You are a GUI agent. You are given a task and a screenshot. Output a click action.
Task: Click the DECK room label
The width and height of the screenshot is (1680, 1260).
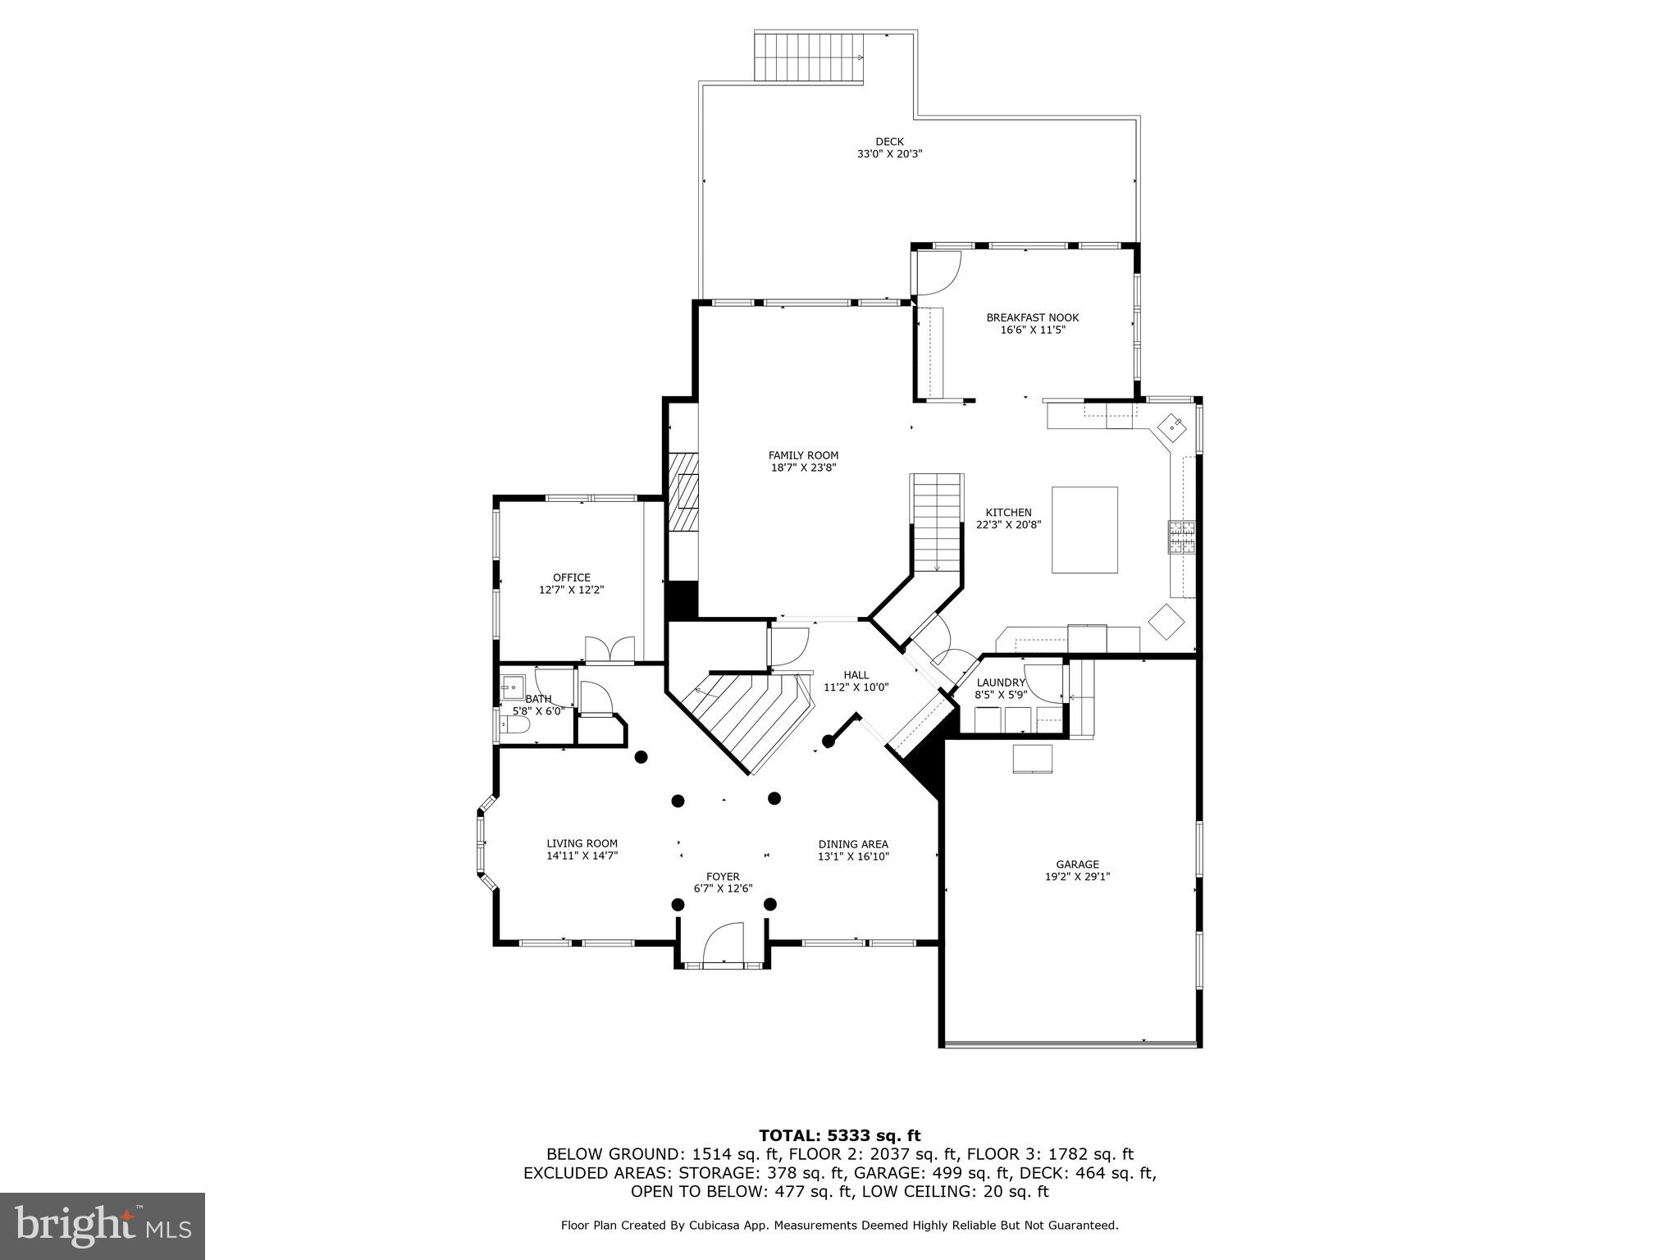(889, 142)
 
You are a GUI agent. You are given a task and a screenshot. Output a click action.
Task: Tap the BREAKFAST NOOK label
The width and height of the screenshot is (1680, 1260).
(1032, 317)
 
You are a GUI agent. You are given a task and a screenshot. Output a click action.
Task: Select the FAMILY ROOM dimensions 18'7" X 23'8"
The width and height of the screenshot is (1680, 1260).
(803, 468)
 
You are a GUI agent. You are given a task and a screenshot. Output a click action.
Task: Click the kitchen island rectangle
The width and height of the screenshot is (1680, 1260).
(1084, 530)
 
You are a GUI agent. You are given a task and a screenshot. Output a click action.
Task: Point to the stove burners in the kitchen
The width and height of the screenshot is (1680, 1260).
(1182, 537)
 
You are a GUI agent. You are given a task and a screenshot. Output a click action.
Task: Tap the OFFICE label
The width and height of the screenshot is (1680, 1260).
(571, 577)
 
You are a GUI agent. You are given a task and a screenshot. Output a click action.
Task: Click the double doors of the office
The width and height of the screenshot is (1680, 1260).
(609, 650)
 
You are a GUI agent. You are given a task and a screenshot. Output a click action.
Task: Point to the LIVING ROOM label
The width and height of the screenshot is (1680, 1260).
(582, 843)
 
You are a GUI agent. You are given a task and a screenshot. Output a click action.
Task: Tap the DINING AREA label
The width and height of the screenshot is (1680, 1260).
(853, 844)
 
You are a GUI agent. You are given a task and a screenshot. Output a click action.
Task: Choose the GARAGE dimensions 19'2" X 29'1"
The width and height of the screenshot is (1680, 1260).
(1077, 876)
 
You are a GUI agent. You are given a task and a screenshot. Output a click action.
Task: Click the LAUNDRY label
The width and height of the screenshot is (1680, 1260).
(1001, 682)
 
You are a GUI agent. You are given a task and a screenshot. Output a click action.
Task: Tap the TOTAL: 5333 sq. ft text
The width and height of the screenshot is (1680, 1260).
(839, 1135)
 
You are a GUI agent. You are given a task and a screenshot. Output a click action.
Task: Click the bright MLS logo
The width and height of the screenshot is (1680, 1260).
(103, 1226)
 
